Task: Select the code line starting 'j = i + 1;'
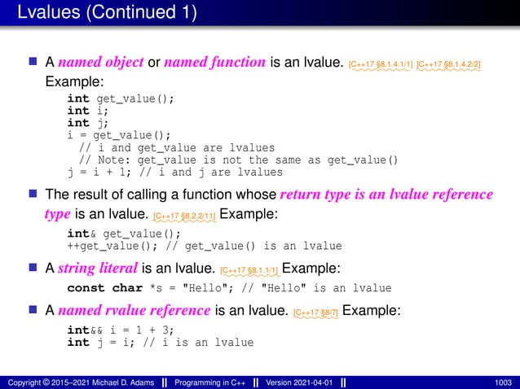175,172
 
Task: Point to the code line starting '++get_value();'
204,246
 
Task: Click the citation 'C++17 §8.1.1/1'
252,270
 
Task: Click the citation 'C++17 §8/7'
315,312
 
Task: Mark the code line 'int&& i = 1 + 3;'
120,330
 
